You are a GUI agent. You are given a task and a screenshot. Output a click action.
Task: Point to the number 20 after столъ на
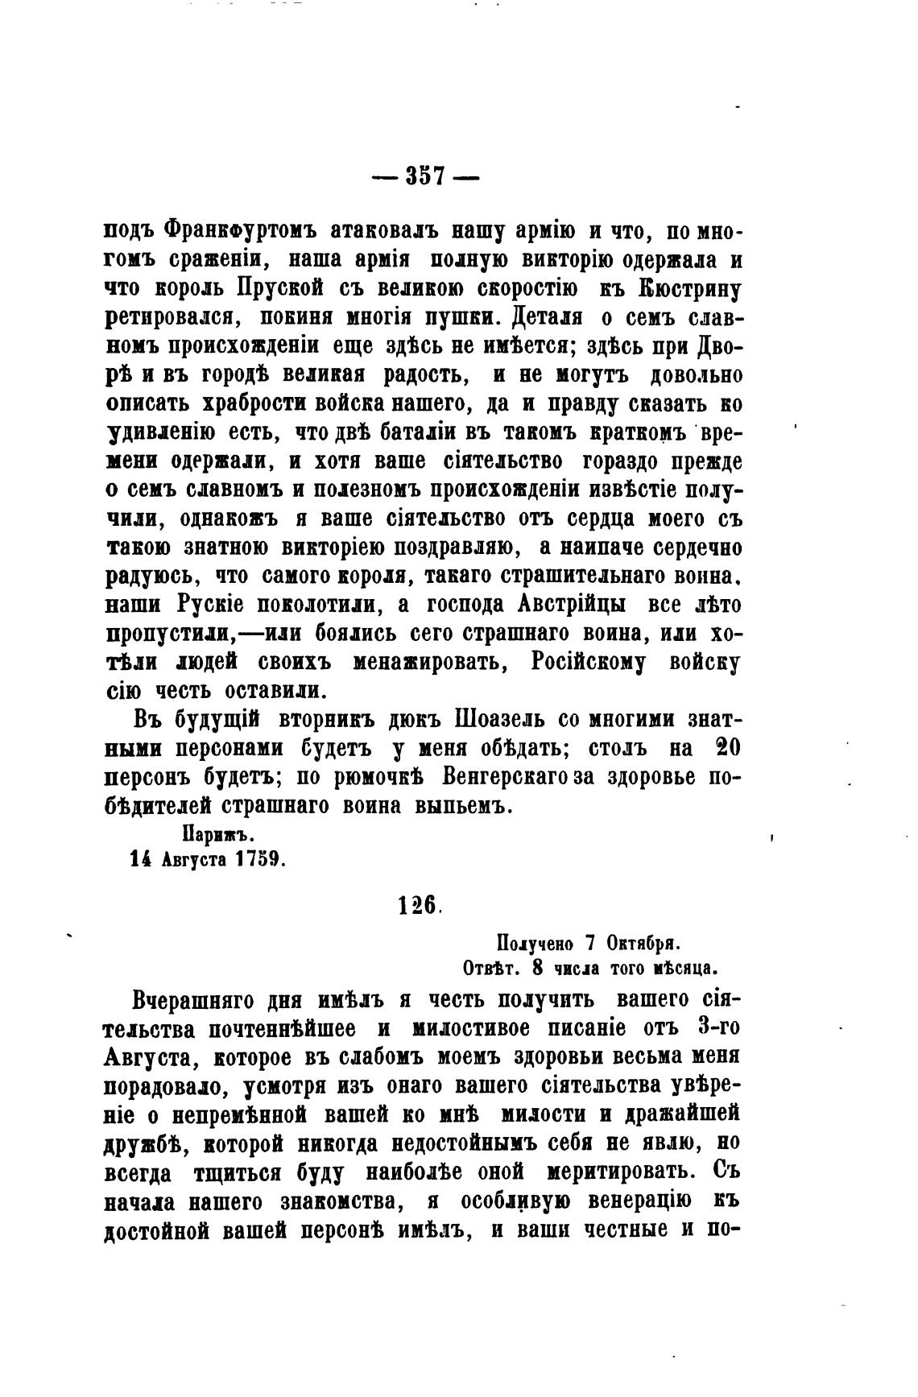pos(728,748)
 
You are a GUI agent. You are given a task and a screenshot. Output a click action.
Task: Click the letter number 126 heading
pos(418,905)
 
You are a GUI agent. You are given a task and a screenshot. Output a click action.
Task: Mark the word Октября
pos(643,941)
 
